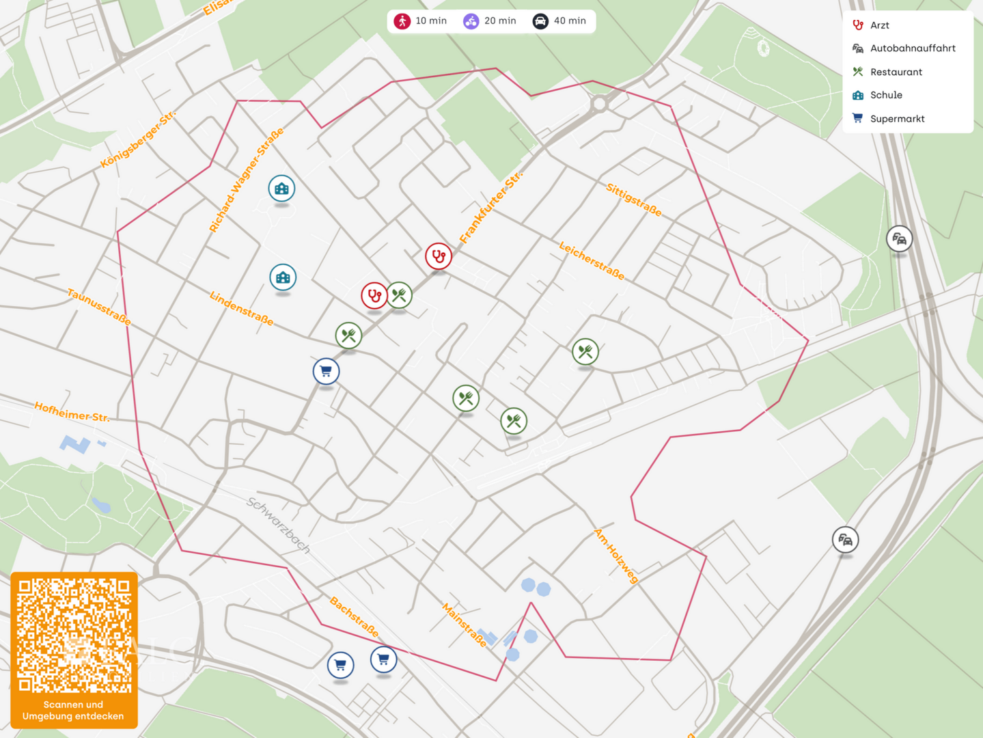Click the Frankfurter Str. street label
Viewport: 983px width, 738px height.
coord(490,207)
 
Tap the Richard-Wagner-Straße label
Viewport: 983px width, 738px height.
coord(246,180)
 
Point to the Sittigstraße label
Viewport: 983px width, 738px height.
coord(633,200)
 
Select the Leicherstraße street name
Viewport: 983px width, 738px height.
coord(592,260)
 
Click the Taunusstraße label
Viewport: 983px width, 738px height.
coord(99,307)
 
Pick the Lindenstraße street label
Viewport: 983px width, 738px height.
coord(241,308)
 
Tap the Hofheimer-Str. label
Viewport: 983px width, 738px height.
coord(72,412)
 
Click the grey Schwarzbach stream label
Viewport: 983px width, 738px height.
coord(278,525)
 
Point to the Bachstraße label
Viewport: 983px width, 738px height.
coord(354,616)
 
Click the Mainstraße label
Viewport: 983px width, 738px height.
coord(465,625)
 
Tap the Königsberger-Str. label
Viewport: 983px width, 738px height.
coord(138,139)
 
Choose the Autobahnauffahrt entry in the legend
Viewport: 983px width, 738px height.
coord(912,49)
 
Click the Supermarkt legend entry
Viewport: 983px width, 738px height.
coord(897,119)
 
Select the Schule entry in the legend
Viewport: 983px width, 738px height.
coord(886,95)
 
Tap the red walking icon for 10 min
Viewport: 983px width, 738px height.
coord(402,21)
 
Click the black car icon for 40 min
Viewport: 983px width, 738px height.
coord(540,21)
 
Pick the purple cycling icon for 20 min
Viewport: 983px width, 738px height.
coord(471,21)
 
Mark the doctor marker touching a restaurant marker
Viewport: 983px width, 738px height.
coord(374,296)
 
